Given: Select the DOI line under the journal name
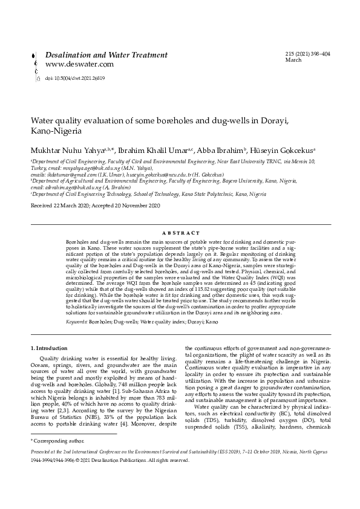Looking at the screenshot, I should click(x=75, y=78).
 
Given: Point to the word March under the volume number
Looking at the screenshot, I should click(x=293, y=60).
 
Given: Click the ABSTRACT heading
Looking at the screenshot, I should click(x=181, y=232).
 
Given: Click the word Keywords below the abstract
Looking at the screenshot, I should click(x=77, y=322).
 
